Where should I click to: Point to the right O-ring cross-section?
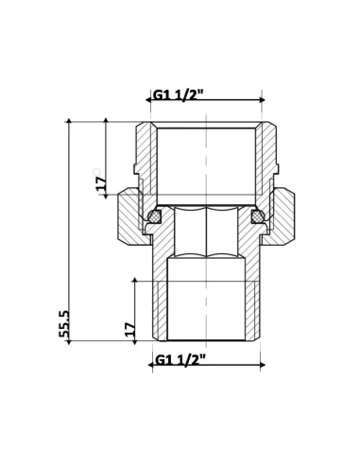256,218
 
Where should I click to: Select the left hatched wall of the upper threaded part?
146,156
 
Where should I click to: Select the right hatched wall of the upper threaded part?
266,156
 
